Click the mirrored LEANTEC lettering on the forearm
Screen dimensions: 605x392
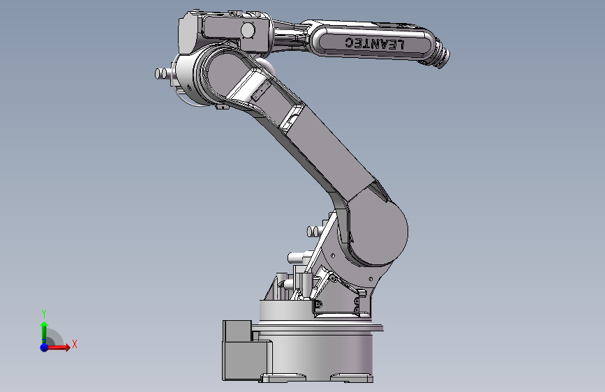(374, 43)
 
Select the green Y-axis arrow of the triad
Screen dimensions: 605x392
(44, 333)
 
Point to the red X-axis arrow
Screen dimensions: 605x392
(58, 347)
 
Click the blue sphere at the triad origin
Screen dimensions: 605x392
(44, 347)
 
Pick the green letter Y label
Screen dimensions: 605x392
(44, 314)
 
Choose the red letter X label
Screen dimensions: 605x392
(75, 344)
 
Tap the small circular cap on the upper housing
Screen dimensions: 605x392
(248, 30)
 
